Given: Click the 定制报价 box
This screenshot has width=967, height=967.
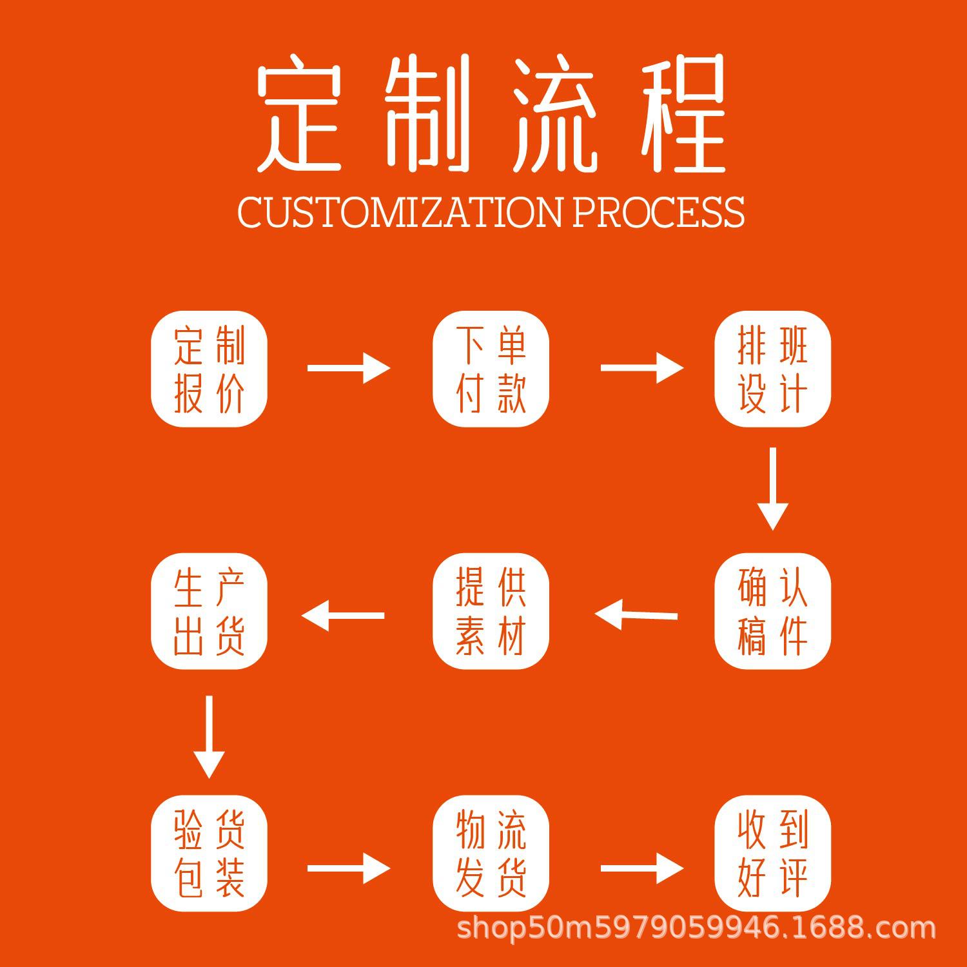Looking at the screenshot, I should tap(209, 369).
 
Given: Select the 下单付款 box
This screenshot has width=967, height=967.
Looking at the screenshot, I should tap(491, 369).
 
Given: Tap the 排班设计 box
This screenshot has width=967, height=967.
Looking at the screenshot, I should tap(772, 369).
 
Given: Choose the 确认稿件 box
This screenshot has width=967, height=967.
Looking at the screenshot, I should tap(772, 611).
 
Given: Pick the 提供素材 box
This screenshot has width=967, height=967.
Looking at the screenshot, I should tap(491, 611).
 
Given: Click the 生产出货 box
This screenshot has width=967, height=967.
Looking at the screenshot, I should tap(209, 611).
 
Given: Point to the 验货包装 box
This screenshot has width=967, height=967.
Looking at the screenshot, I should tap(209, 853).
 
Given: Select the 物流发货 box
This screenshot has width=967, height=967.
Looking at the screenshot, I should tap(491, 853).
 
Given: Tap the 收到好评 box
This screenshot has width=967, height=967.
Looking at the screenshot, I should tap(772, 853).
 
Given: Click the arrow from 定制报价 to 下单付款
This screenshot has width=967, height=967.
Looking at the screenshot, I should tap(349, 368).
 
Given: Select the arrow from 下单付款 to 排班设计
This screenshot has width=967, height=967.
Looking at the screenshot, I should tap(641, 368).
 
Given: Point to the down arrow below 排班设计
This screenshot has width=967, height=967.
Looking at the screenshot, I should tap(772, 489).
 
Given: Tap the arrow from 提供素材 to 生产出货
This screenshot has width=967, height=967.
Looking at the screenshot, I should tap(343, 615).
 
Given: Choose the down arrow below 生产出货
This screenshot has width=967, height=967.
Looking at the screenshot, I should tap(209, 736).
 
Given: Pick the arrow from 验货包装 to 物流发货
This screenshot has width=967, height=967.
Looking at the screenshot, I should tap(349, 868).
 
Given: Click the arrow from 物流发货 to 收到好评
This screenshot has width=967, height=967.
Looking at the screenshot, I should tap(641, 868).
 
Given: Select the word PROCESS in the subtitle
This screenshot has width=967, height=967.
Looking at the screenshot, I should tap(658, 211).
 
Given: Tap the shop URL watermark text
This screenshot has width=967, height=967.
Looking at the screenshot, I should tap(696, 929).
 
